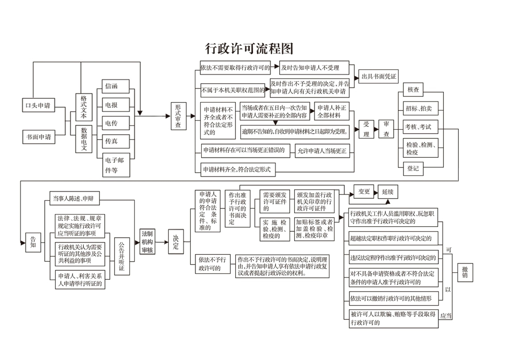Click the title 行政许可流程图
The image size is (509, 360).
coord(249,49)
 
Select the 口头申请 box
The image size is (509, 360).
coord(39,106)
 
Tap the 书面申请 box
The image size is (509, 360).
coord(39,136)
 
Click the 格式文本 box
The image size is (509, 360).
coord(83,107)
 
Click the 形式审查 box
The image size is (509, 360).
coord(178,116)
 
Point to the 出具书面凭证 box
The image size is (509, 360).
coord(378,76)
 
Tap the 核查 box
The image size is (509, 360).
coord(413,90)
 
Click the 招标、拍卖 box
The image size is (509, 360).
coord(418,108)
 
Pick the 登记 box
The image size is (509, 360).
coord(413,169)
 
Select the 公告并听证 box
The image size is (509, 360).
coord(121,256)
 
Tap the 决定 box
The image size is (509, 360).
coord(175,241)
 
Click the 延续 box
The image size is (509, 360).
coord(388,192)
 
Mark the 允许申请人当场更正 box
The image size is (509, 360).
coord(322,151)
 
